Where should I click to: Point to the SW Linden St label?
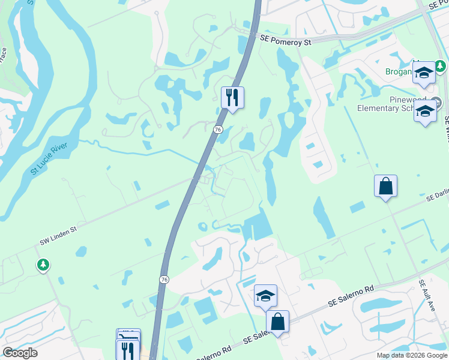67,235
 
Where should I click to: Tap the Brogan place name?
399,71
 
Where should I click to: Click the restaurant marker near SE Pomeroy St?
232,98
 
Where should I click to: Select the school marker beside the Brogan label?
424,74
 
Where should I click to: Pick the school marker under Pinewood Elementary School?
426,112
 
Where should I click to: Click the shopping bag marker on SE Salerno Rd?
277,322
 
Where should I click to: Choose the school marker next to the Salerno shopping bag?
265,296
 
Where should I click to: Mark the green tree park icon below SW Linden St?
43,264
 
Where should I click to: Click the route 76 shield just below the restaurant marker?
218,128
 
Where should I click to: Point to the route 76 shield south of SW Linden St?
164,280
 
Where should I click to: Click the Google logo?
20,353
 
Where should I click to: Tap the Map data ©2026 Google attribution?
411,355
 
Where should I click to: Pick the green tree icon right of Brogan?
441,65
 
